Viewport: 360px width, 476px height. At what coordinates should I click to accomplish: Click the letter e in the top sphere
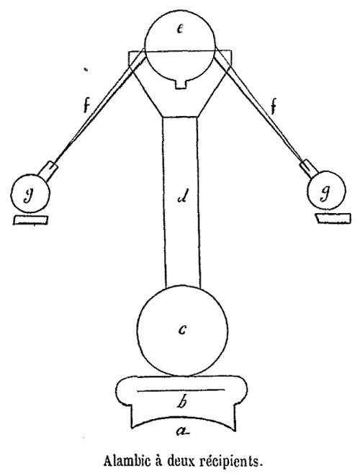[180, 29]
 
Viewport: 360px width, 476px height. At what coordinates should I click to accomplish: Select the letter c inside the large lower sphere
[182, 329]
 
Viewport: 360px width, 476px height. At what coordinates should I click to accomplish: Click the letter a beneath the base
[182, 430]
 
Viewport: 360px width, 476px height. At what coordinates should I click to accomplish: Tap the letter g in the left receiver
[29, 195]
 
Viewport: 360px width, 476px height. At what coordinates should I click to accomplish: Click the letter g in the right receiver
[325, 193]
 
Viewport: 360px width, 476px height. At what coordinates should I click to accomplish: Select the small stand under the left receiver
[30, 220]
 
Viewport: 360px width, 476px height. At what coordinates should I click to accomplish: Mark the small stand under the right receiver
[333, 218]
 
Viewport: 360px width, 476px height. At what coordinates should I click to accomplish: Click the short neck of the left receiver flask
[48, 171]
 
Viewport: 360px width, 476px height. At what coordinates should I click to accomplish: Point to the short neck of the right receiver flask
[309, 169]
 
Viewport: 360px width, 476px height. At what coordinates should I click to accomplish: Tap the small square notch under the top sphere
[181, 84]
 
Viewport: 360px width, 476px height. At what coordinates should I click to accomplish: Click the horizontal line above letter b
[181, 390]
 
